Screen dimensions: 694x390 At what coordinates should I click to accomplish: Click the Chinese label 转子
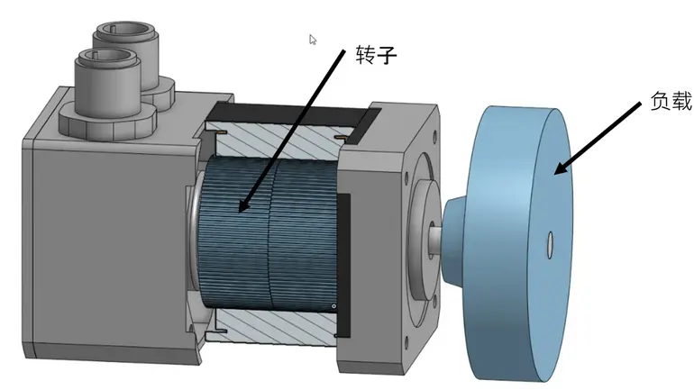point(376,55)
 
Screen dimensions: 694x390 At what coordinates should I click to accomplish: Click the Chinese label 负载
point(671,101)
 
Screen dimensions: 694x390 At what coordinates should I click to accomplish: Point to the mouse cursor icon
point(313,40)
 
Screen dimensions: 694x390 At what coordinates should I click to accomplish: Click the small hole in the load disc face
point(550,244)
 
